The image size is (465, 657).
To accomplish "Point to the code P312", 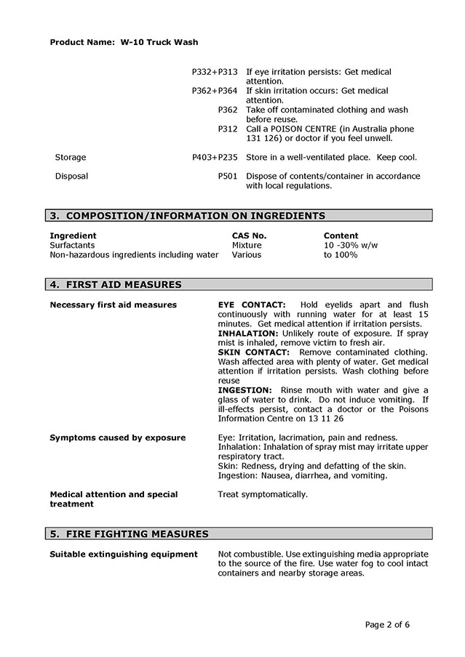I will point(228,129).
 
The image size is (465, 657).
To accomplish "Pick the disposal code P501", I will point(228,176).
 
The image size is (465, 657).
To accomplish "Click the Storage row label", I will point(71,157).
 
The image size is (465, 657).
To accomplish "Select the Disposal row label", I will point(71,176).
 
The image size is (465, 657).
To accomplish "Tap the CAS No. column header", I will point(249,235).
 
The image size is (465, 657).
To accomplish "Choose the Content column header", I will point(341,235).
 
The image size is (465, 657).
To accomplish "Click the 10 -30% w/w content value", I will point(351,246).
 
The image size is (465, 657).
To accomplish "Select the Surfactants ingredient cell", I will point(73,246).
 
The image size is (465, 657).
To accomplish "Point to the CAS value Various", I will point(247,255).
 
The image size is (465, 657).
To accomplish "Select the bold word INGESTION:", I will point(245,390).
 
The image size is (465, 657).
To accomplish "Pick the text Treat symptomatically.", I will point(263,494).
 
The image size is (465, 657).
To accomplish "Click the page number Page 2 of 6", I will point(387,624).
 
